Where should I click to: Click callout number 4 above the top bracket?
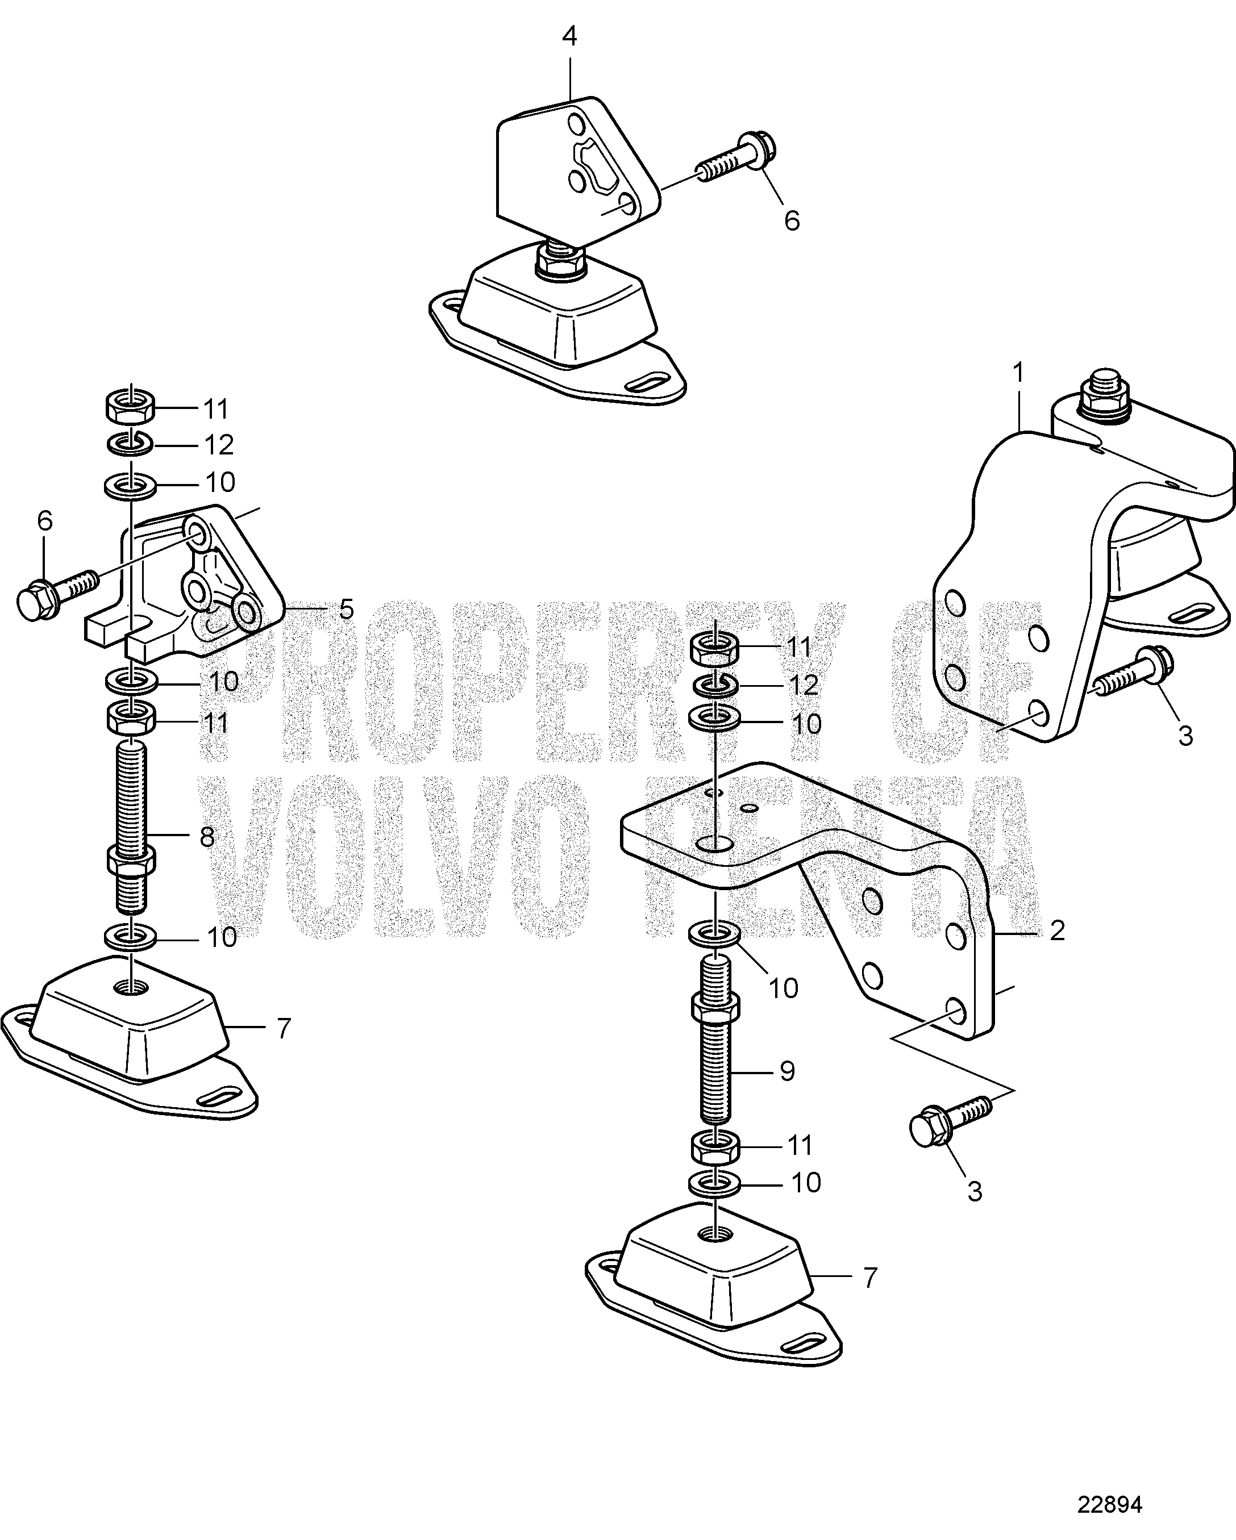[x=569, y=36]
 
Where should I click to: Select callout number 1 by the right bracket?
[x=1018, y=373]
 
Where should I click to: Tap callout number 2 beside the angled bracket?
[x=1058, y=929]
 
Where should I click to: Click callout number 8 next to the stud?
[x=207, y=836]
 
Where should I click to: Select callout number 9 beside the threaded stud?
[x=787, y=1091]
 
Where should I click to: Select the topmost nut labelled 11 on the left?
[x=131, y=406]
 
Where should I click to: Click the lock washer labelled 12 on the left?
[x=131, y=444]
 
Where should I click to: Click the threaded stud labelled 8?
[x=131, y=829]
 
